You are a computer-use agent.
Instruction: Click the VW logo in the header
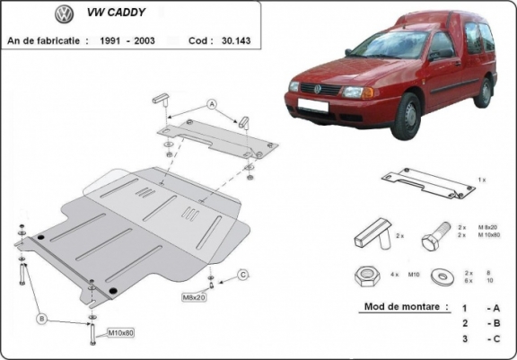(x=64, y=15)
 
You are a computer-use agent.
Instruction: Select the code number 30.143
(x=235, y=40)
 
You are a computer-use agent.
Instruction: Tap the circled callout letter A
(x=212, y=105)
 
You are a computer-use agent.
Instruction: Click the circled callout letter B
(x=41, y=317)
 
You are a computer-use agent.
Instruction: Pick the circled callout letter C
(x=242, y=274)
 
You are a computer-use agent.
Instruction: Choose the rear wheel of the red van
(x=486, y=92)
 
